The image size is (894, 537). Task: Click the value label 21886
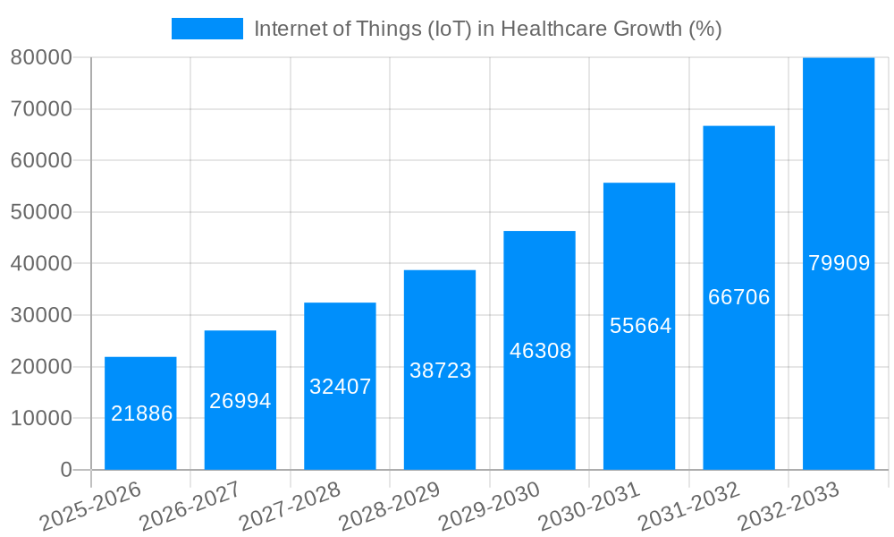[x=141, y=413]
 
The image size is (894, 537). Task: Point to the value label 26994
[x=240, y=401]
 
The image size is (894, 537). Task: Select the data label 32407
[x=340, y=387]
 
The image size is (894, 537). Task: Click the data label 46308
[x=540, y=351]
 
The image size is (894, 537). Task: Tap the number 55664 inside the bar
[x=640, y=326]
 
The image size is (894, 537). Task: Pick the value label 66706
[x=738, y=297]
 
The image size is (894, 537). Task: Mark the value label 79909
[x=839, y=263]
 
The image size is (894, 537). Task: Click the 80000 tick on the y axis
[x=40, y=57]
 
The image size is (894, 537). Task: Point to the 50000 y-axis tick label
[x=40, y=212]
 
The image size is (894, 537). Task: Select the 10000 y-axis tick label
[x=40, y=418]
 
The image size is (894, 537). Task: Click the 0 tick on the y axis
[x=65, y=470]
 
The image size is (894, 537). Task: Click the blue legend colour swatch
[x=207, y=29]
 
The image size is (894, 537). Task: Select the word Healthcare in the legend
[x=550, y=29]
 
